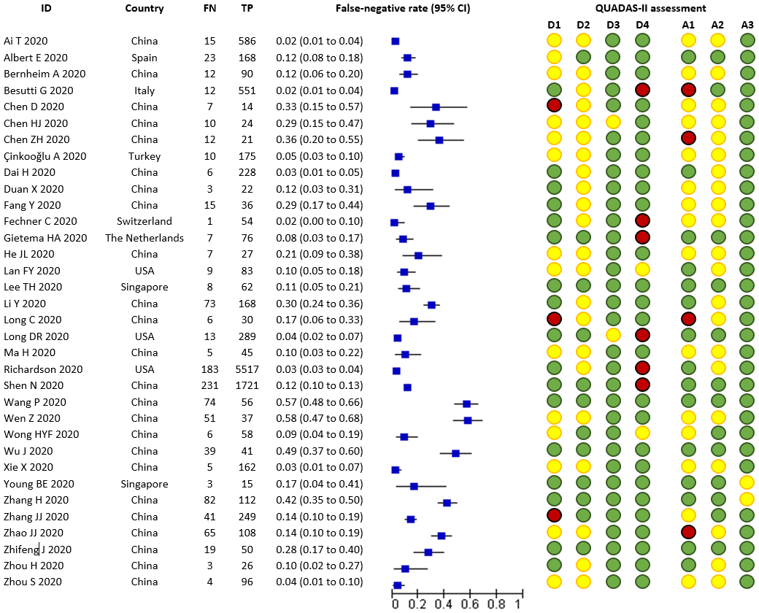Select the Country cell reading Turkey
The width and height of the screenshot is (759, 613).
145,156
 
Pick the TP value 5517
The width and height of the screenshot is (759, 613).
247,369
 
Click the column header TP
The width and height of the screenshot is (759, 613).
247,9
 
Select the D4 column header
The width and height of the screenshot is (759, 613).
642,26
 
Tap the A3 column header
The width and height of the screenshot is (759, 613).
747,26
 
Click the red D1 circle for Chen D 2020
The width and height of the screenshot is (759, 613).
554,107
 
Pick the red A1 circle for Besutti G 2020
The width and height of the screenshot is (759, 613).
688,90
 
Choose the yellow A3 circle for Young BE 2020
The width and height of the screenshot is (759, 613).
747,483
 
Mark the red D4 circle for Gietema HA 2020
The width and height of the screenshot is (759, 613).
642,238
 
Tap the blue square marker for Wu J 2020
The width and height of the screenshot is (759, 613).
455,452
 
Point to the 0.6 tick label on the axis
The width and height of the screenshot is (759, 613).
470,604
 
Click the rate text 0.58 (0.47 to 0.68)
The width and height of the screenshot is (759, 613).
319,418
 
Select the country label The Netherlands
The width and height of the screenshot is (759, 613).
145,238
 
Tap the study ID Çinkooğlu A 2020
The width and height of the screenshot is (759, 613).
45,156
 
